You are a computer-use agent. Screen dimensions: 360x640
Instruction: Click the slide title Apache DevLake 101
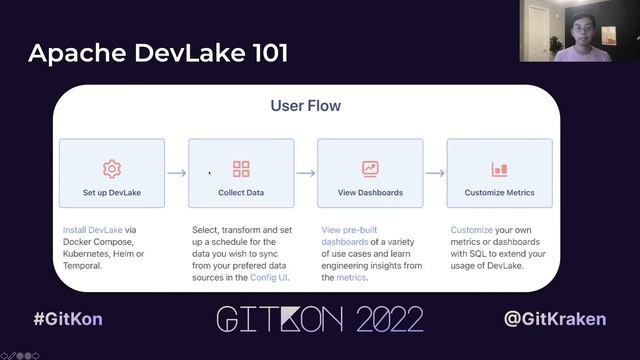pos(158,52)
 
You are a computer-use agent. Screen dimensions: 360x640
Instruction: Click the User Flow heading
pos(305,104)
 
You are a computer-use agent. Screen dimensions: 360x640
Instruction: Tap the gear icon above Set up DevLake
pos(112,168)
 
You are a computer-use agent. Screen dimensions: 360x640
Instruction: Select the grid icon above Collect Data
pos(241,168)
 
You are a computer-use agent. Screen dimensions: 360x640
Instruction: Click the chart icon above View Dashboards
pos(370,168)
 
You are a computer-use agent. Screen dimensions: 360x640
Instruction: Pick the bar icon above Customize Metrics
pos(499,169)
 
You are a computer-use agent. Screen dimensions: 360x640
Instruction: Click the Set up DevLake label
pos(112,192)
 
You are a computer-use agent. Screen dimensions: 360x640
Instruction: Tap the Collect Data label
pos(241,192)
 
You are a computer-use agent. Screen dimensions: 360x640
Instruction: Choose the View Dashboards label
pos(370,192)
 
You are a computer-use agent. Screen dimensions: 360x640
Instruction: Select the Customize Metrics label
pos(499,192)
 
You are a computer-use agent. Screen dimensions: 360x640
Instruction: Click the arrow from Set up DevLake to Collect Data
pos(176,173)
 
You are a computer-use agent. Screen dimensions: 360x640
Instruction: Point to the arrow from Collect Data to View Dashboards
pos(305,173)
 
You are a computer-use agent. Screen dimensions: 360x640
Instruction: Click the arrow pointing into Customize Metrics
pos(434,173)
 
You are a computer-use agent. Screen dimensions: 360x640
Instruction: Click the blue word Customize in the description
pos(471,230)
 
